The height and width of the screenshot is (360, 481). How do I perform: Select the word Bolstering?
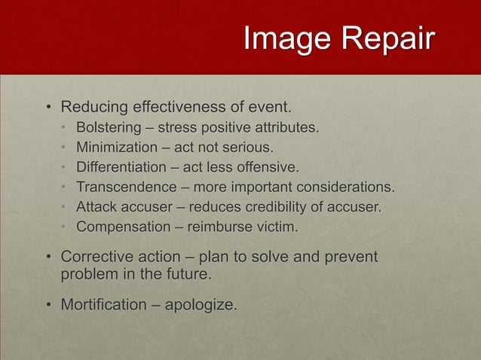point(109,127)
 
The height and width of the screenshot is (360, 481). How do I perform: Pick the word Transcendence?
point(124,187)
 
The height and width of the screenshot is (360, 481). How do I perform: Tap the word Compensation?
point(122,226)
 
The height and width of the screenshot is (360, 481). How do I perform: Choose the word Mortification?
point(104,305)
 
